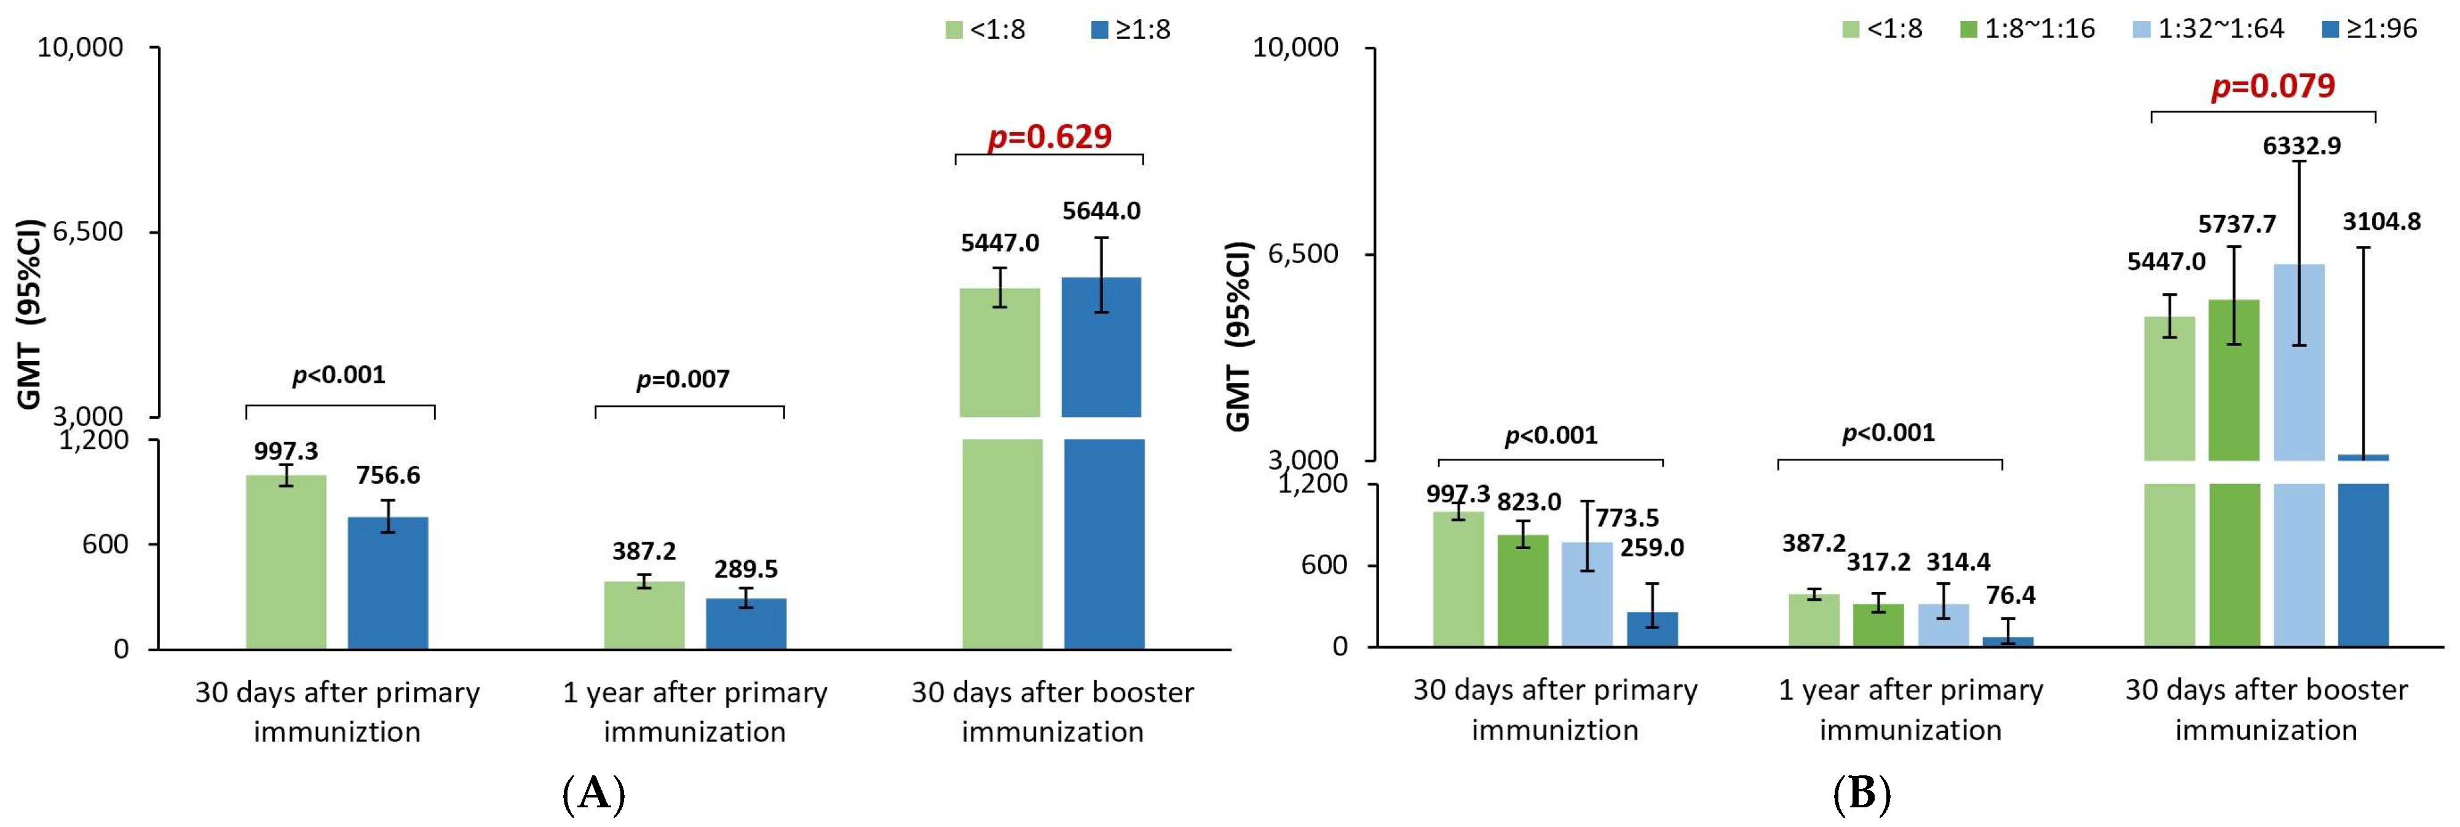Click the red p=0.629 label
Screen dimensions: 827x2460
click(x=1050, y=137)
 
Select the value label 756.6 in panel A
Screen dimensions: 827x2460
click(x=388, y=475)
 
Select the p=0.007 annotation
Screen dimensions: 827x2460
click(x=683, y=380)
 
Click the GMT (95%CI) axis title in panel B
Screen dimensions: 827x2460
click(x=1238, y=336)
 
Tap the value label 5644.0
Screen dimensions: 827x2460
click(x=1101, y=211)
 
